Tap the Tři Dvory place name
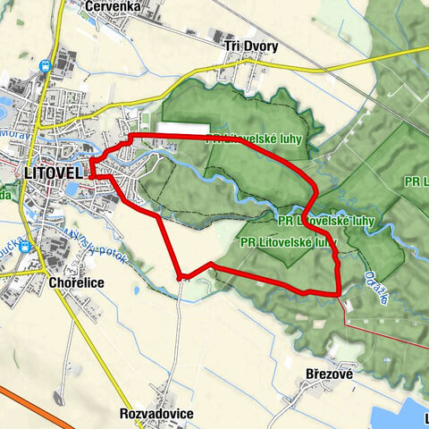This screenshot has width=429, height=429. pyautogui.click(x=251, y=46)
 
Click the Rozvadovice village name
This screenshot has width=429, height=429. pyautogui.click(x=156, y=414)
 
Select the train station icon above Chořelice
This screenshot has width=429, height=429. pyautogui.click(x=25, y=246)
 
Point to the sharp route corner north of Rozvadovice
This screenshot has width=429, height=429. pyautogui.click(x=181, y=276)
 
